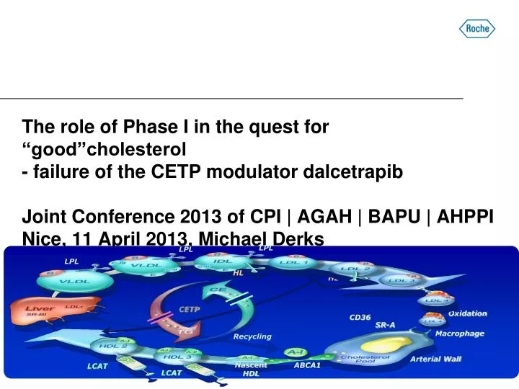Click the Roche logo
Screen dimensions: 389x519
(x=476, y=29)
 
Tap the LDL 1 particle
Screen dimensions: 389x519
(x=294, y=263)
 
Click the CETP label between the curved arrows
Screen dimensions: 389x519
(x=190, y=309)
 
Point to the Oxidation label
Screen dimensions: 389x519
(x=467, y=313)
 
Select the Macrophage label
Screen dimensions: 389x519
(x=459, y=334)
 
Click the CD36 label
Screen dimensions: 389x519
(x=360, y=316)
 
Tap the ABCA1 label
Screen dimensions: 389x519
(x=307, y=365)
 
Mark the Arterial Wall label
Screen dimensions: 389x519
(x=435, y=358)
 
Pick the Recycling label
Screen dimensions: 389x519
(x=252, y=336)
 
